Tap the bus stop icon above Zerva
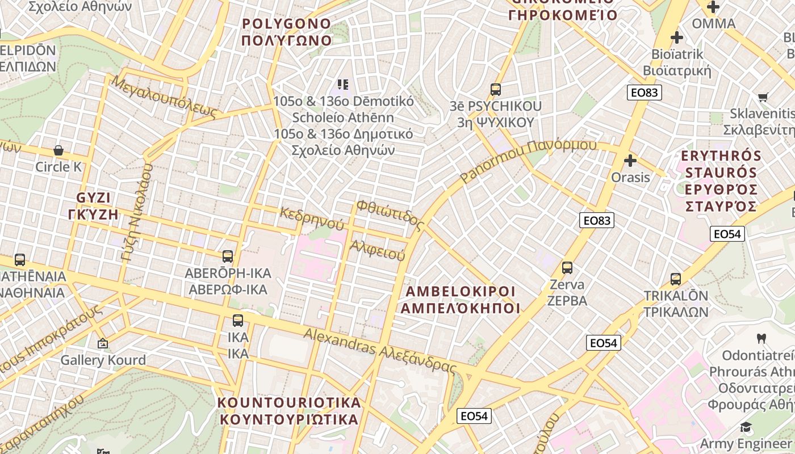[x=567, y=267]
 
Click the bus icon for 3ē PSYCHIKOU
[x=496, y=89]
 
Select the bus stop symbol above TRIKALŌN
[x=676, y=279]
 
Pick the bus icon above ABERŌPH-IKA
[x=228, y=256]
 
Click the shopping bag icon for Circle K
[x=58, y=150]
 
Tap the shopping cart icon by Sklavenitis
[x=763, y=97]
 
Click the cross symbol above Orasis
[x=630, y=161]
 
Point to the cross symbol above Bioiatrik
[x=676, y=37]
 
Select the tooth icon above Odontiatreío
[x=761, y=338]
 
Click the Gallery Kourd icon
[x=103, y=343]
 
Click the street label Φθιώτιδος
[x=391, y=215]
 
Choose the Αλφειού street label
[x=377, y=250]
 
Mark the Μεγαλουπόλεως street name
[x=165, y=97]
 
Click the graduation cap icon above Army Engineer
[x=746, y=427]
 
